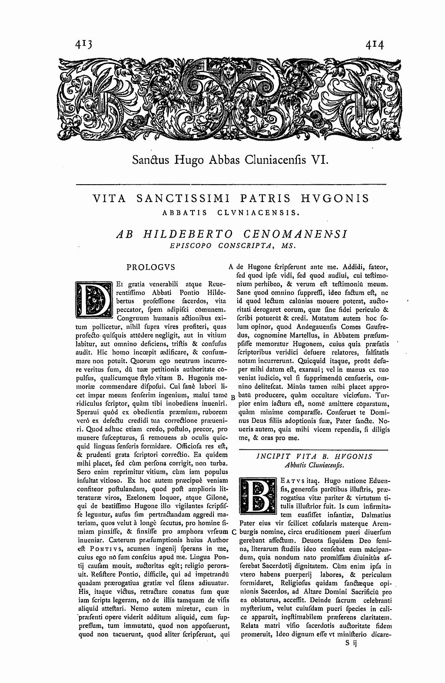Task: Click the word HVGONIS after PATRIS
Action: (334, 199)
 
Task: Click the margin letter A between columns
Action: (231, 266)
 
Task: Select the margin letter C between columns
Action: (234, 532)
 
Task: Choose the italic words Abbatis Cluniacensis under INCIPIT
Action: (313, 466)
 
